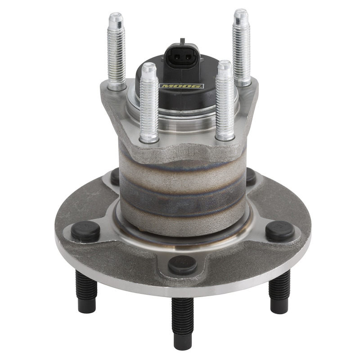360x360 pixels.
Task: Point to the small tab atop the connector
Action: [182, 41]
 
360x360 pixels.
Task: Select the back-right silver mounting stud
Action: [241, 47]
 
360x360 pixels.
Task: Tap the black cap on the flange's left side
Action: [85, 231]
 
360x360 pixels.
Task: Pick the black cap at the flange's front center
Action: [183, 264]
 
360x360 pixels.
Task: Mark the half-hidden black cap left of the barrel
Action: [115, 176]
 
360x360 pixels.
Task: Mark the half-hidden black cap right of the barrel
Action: [251, 176]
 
